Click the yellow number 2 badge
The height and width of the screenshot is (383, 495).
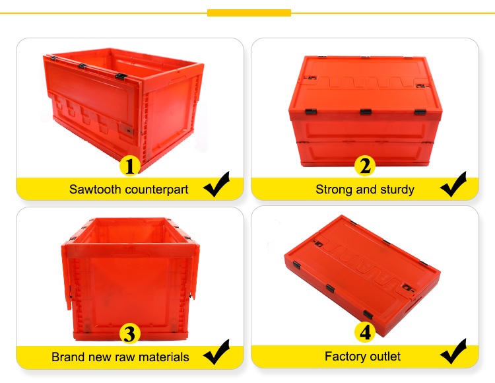(x=365, y=166)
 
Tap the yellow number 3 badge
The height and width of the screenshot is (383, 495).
(x=130, y=333)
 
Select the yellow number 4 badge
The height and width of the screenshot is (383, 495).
(x=365, y=332)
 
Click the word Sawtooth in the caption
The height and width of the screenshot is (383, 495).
(x=95, y=190)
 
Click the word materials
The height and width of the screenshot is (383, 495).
(x=164, y=357)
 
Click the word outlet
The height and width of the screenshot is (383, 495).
(x=385, y=357)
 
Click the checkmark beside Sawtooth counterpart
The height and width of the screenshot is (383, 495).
(x=216, y=185)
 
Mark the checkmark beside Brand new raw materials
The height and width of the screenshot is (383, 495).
(x=216, y=352)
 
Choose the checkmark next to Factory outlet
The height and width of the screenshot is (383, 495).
(x=453, y=351)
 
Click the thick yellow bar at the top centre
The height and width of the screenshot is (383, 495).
(x=249, y=13)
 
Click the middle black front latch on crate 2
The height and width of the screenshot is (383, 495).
(x=366, y=112)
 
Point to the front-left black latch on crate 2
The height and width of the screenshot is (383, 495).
(x=311, y=112)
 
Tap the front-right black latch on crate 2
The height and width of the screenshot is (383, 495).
(x=420, y=112)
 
